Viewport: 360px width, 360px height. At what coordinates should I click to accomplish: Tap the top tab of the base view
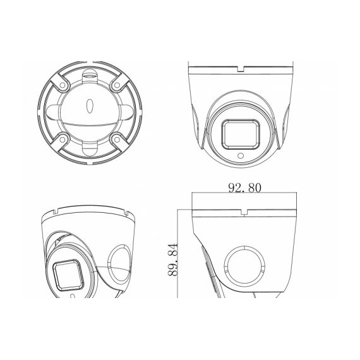(x=89, y=75)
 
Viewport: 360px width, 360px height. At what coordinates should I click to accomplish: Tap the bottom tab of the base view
(x=89, y=149)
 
